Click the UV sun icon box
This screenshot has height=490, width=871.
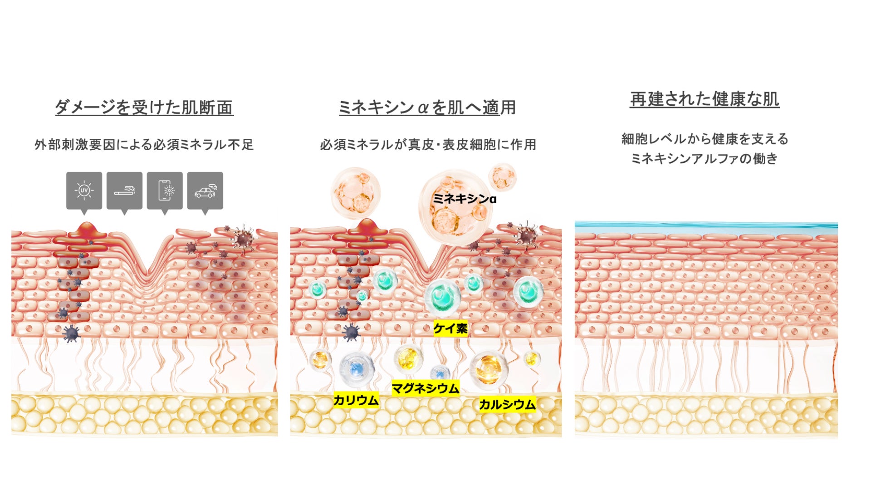(x=84, y=191)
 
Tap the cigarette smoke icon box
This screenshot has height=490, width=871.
(x=124, y=191)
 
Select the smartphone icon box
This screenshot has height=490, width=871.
(x=165, y=191)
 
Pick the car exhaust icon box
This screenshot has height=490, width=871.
(x=205, y=191)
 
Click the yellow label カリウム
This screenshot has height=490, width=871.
(x=356, y=400)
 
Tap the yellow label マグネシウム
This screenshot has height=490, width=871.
(x=425, y=388)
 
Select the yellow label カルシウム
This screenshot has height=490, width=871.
(x=507, y=404)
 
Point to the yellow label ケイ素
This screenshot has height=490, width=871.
(x=450, y=328)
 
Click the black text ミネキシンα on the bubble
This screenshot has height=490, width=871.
(x=464, y=199)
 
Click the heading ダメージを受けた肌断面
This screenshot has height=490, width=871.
(x=144, y=108)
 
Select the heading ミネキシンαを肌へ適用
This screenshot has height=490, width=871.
(x=427, y=108)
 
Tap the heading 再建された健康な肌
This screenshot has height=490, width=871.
(x=705, y=99)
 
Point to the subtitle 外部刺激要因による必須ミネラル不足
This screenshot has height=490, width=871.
(x=144, y=145)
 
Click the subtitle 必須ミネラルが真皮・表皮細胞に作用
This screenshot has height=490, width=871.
(x=428, y=145)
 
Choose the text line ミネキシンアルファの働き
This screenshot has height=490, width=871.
(x=705, y=158)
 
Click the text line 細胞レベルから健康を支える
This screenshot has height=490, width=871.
(x=705, y=139)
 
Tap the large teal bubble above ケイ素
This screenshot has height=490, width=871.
(x=442, y=297)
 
